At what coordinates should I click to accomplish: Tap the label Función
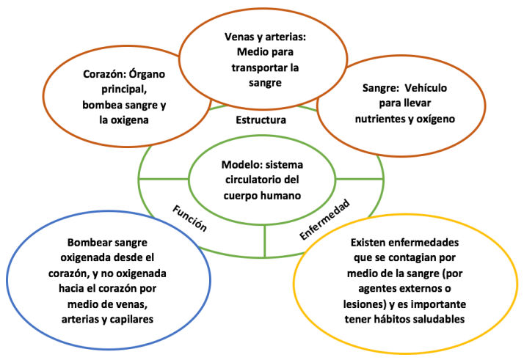pos(189,217)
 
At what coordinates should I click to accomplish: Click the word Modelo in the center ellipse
pos(241,164)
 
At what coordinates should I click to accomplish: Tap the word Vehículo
pos(433,88)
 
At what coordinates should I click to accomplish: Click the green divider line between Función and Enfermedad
pos(264,238)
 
